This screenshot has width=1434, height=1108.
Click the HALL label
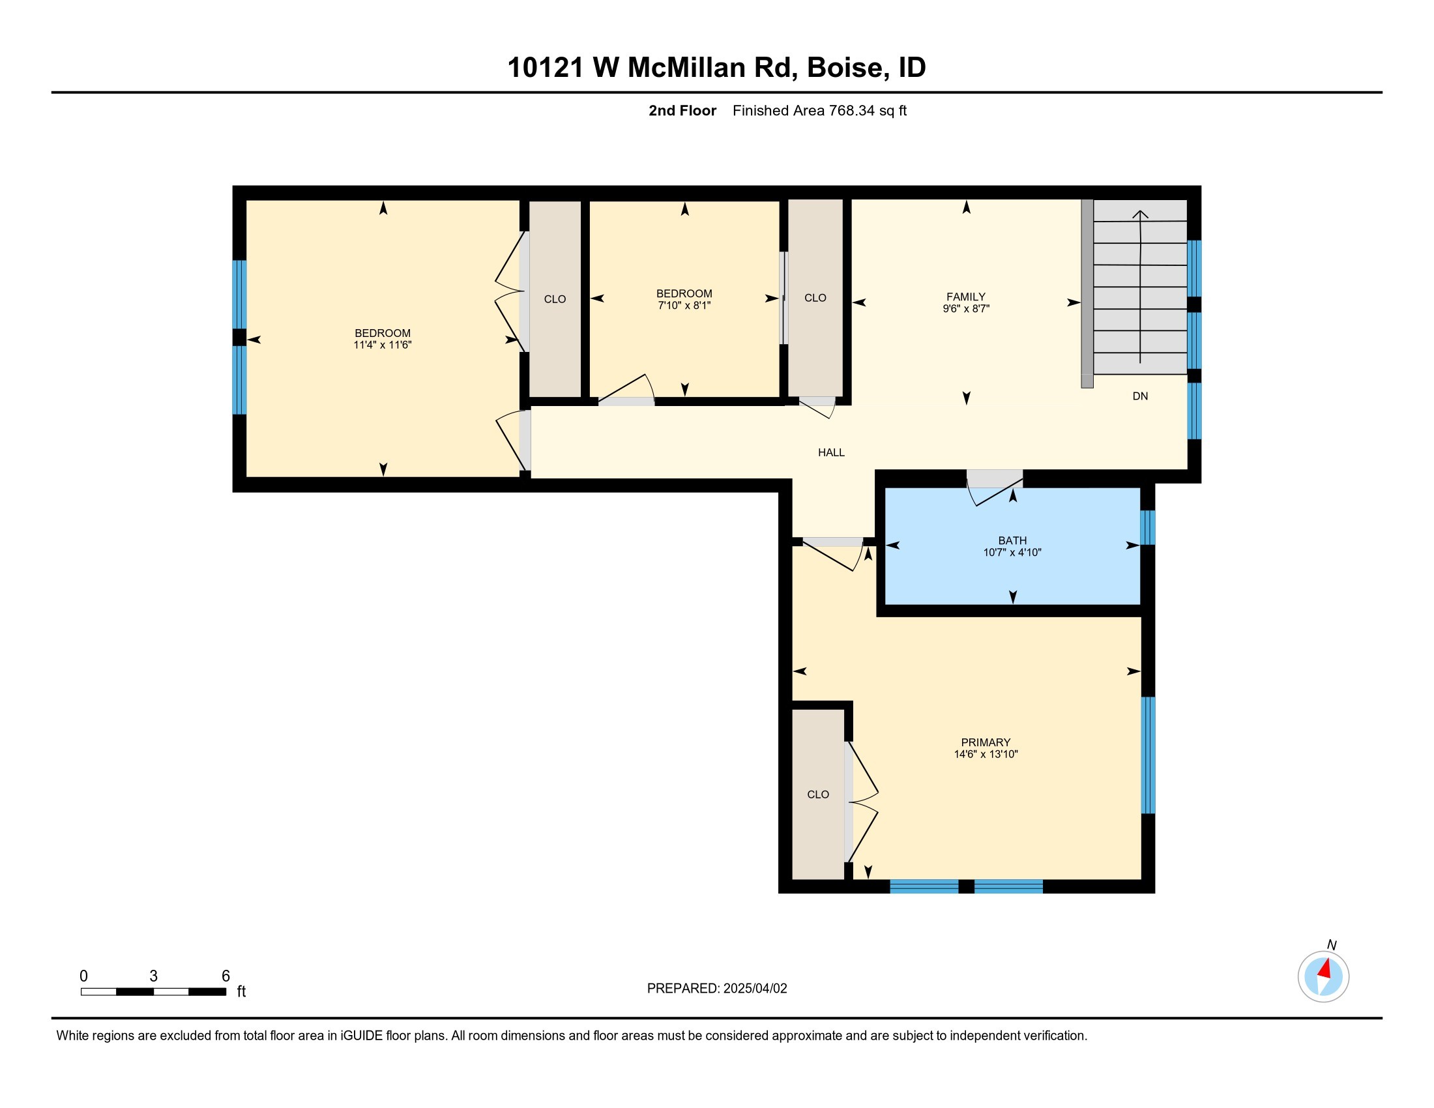click(831, 452)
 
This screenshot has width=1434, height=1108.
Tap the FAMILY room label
click(966, 297)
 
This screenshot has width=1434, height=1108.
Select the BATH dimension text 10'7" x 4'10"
click(1012, 553)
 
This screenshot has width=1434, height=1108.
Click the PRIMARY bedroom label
click(986, 742)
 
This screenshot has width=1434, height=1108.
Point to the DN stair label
click(1141, 396)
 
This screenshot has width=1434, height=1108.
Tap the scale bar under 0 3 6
click(154, 992)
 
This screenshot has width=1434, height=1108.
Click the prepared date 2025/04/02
click(755, 989)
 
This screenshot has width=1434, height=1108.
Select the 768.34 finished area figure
click(853, 111)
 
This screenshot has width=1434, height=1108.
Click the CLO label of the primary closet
click(818, 795)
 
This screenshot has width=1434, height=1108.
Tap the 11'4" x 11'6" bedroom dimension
click(382, 345)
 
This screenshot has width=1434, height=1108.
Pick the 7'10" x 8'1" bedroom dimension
click(684, 306)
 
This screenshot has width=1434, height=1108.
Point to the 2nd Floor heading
click(682, 111)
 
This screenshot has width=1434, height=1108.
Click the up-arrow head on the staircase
click(1141, 214)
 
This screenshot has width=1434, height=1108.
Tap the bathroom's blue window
click(1147, 528)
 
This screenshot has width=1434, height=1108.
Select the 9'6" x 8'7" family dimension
click(966, 308)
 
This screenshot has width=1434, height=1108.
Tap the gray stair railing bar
click(1087, 293)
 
